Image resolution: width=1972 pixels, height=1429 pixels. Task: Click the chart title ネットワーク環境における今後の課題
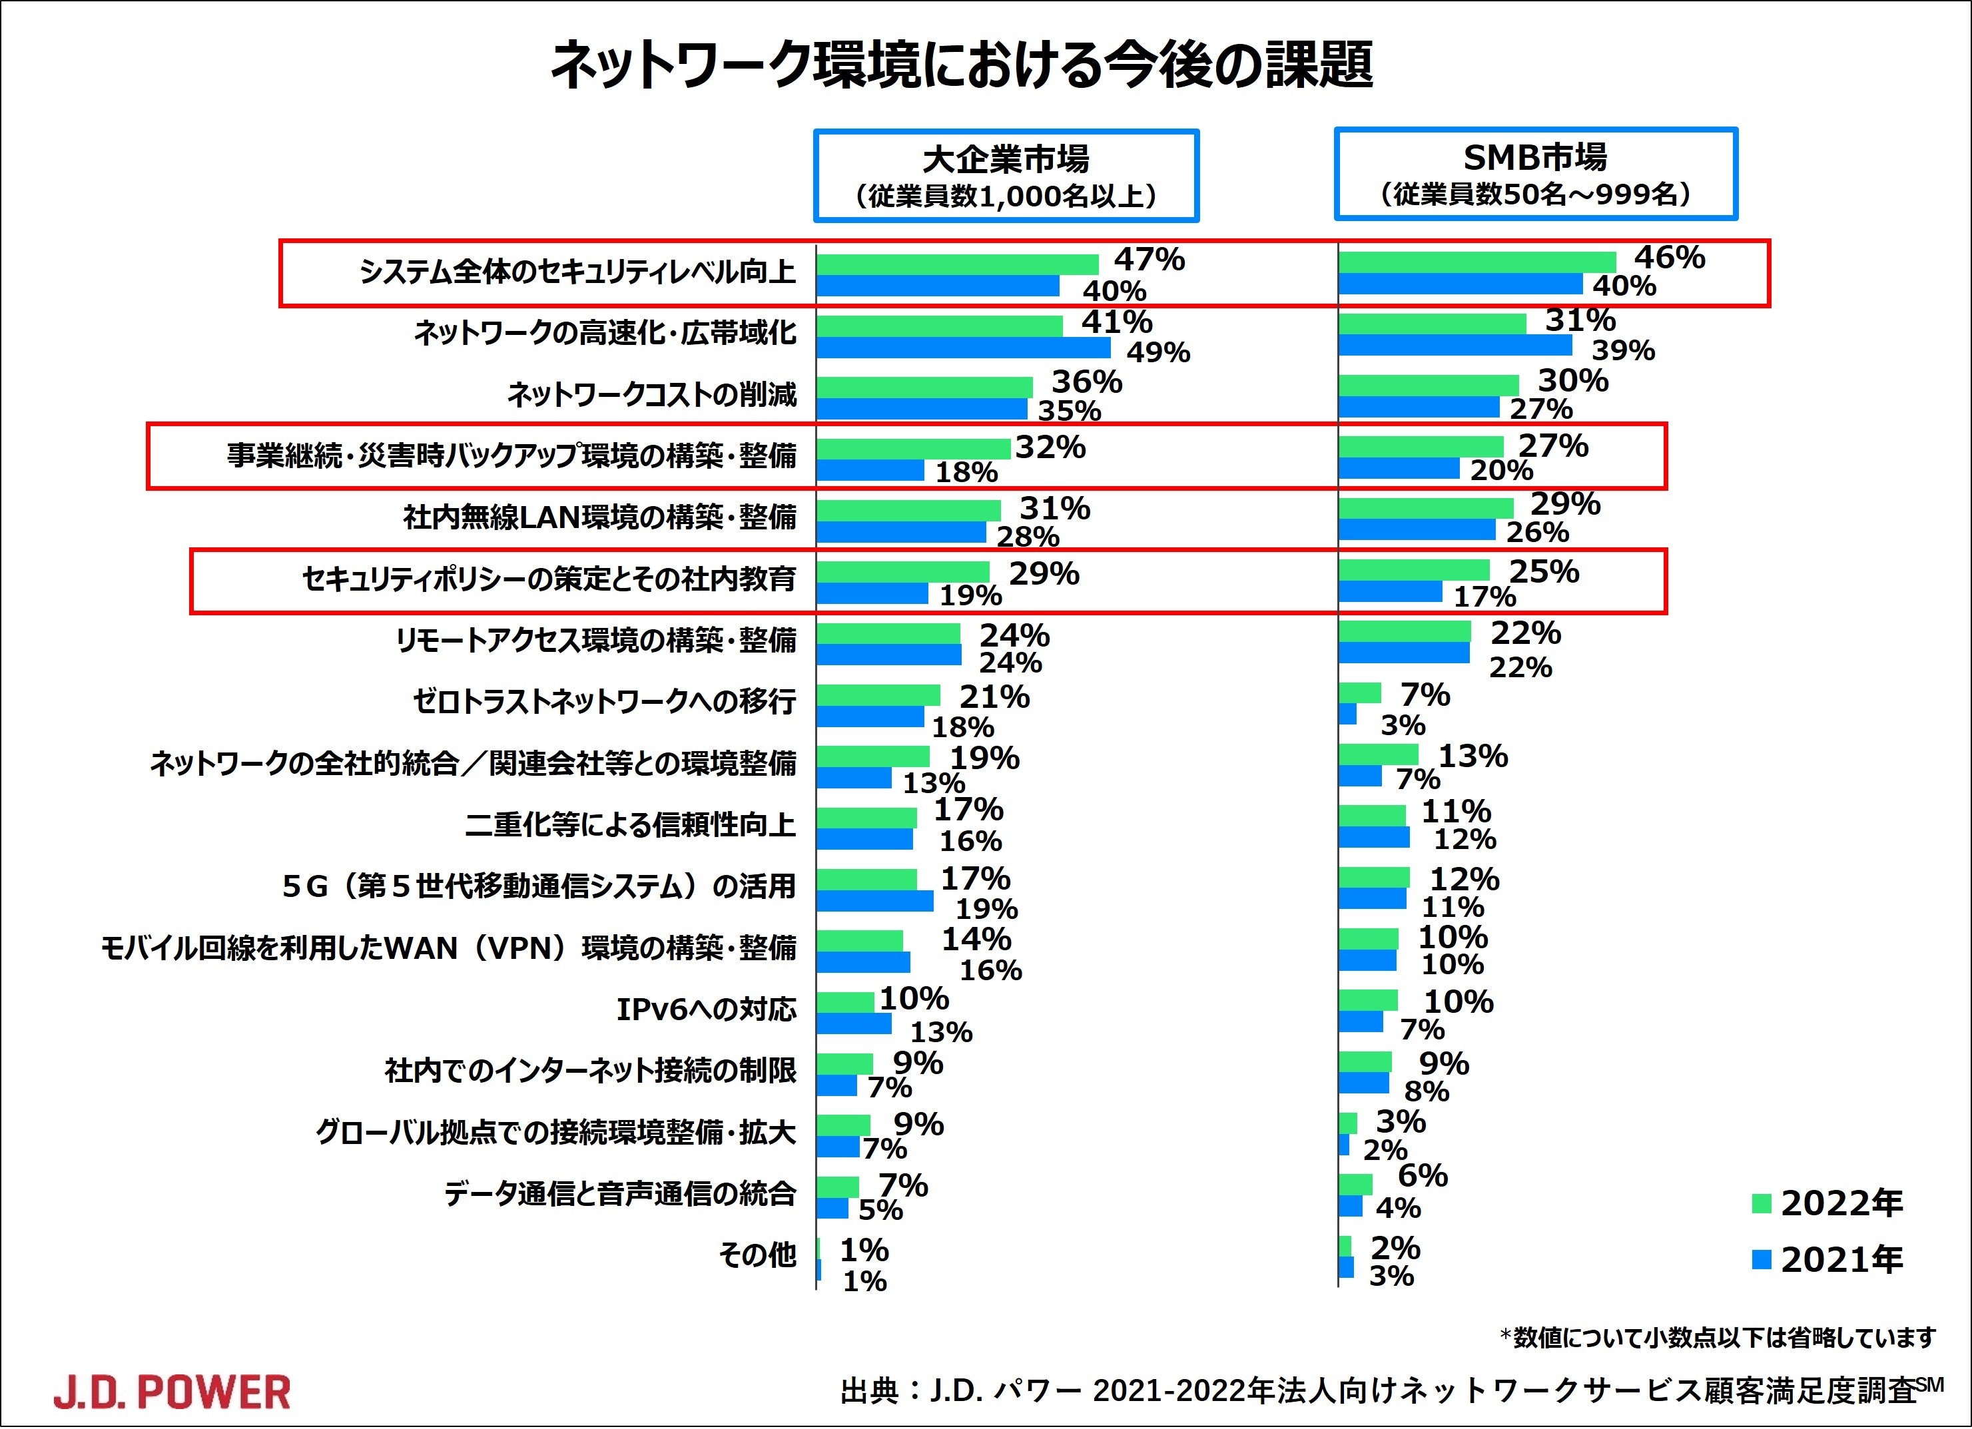point(962,66)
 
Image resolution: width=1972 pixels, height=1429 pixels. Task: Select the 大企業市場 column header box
point(1006,176)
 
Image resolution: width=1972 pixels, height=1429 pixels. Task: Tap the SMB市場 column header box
point(1536,174)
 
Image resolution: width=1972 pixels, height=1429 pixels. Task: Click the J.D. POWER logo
point(172,1392)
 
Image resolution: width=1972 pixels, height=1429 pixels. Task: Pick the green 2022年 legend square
point(1762,1204)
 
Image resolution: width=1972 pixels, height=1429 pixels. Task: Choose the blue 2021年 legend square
point(1762,1259)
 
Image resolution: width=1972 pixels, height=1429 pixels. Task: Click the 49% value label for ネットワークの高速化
point(1158,352)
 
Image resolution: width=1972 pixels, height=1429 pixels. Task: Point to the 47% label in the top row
point(1150,259)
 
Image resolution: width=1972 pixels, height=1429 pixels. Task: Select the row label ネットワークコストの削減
point(651,395)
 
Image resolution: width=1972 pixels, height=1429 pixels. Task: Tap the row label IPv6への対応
point(706,1009)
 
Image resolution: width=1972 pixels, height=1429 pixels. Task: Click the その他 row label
point(757,1255)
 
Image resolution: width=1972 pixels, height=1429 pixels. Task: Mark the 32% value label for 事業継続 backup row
point(1050,447)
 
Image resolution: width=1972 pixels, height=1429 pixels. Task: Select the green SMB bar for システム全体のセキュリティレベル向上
point(1477,262)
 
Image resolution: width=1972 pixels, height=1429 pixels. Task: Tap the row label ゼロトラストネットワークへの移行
point(604,701)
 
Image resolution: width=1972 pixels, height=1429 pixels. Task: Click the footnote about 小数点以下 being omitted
point(1718,1337)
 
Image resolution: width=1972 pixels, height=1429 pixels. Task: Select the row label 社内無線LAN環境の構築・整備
point(600,518)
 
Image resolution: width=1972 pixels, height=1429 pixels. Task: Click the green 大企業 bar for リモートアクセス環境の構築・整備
point(888,634)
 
